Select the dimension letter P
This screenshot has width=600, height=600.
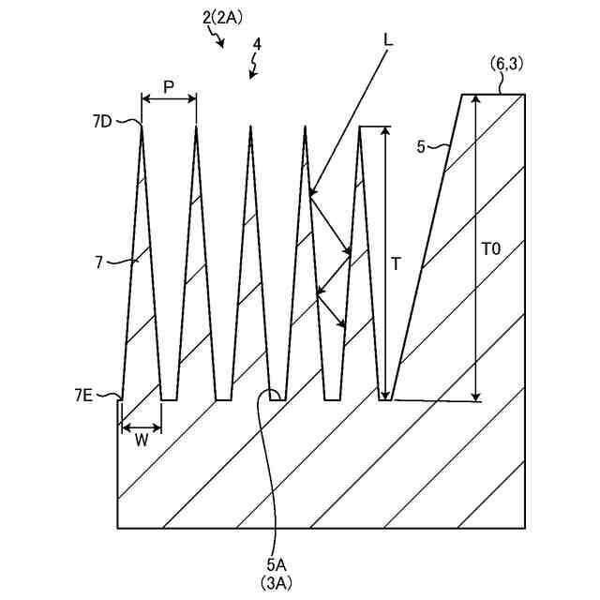[x=168, y=86]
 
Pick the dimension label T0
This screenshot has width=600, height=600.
[x=490, y=249]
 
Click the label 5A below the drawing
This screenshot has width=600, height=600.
[x=277, y=565]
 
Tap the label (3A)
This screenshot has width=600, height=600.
[x=277, y=582]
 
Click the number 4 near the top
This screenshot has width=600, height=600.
[x=256, y=43]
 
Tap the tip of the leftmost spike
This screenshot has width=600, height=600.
[x=141, y=126]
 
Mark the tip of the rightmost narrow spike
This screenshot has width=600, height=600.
[x=360, y=126]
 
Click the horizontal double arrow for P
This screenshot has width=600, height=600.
[x=168, y=97]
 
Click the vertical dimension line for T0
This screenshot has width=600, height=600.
[x=477, y=248]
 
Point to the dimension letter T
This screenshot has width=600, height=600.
[x=396, y=264]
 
